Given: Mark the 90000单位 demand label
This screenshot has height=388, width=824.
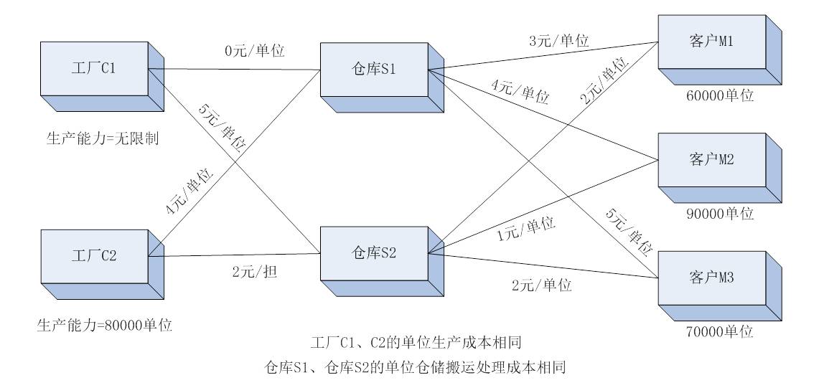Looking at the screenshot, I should [719, 213].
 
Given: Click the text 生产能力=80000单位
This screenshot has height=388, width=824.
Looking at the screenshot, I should [104, 324].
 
